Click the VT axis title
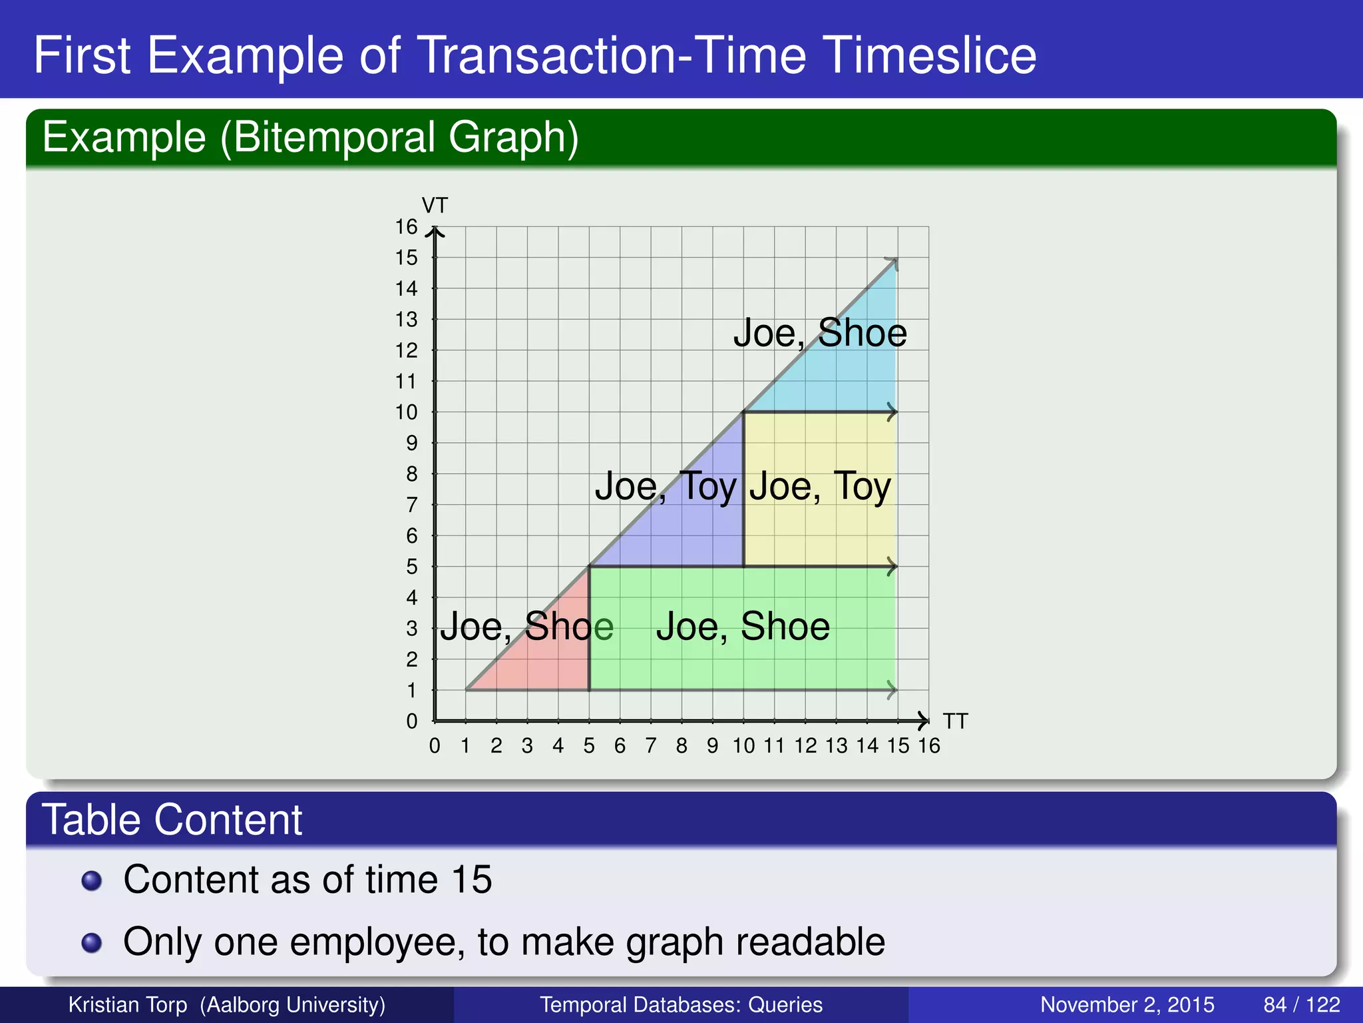click(x=435, y=205)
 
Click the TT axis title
click(x=955, y=721)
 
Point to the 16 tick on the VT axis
click(x=406, y=227)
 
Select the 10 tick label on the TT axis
click(x=743, y=746)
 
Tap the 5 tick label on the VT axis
click(x=412, y=567)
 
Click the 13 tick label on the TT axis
click(x=837, y=746)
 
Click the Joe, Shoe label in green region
click(x=743, y=627)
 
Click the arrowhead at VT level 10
click(x=892, y=412)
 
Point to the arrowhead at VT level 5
click(x=892, y=567)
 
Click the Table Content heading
click(x=172, y=819)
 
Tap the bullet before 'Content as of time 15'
click(x=91, y=880)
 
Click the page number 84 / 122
click(x=1301, y=1004)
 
